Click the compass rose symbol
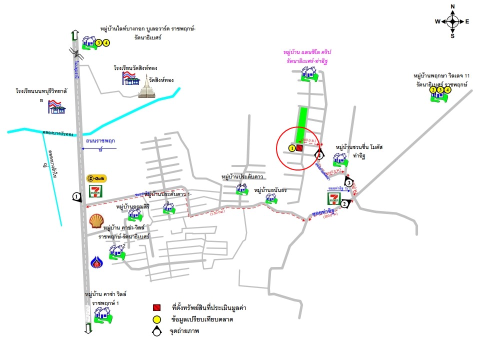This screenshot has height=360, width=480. [452, 21]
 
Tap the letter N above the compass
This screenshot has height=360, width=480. [452, 6]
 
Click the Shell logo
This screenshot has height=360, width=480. [97, 220]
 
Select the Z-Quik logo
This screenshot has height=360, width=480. [96, 178]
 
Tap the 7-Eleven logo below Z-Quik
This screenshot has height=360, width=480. [96, 191]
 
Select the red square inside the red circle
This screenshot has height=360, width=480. [299, 148]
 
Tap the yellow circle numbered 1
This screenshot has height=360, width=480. [291, 148]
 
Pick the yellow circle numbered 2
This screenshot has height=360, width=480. [433, 90]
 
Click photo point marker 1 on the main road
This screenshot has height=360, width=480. [76, 197]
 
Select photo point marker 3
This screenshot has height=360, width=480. [349, 182]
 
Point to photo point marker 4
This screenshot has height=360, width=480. [318, 155]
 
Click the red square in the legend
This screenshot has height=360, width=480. [156, 307]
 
